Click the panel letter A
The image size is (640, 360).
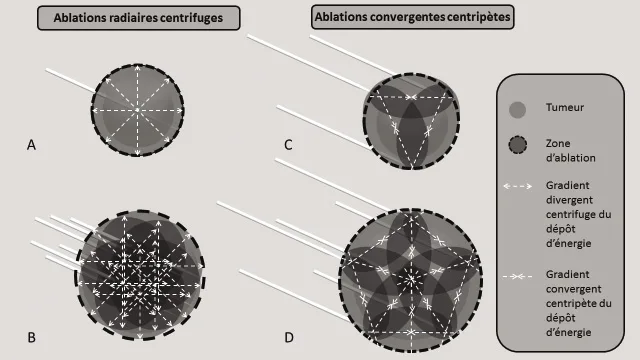[31, 146]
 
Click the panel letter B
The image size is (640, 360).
[31, 338]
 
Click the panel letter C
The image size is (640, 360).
[288, 146]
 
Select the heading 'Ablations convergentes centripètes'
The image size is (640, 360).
[413, 18]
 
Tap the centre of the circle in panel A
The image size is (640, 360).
[139, 109]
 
